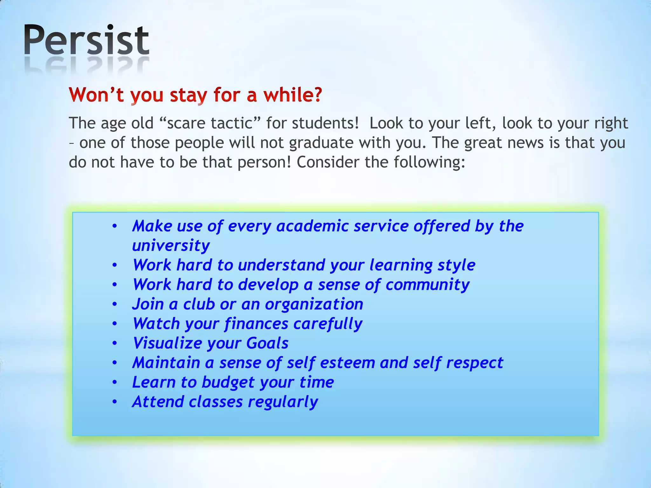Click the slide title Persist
coord(86,41)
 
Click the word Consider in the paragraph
coord(328,162)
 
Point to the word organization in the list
coord(314,304)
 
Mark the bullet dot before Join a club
coord(115,304)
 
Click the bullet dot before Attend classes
coord(115,402)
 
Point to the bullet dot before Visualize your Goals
coord(115,343)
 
